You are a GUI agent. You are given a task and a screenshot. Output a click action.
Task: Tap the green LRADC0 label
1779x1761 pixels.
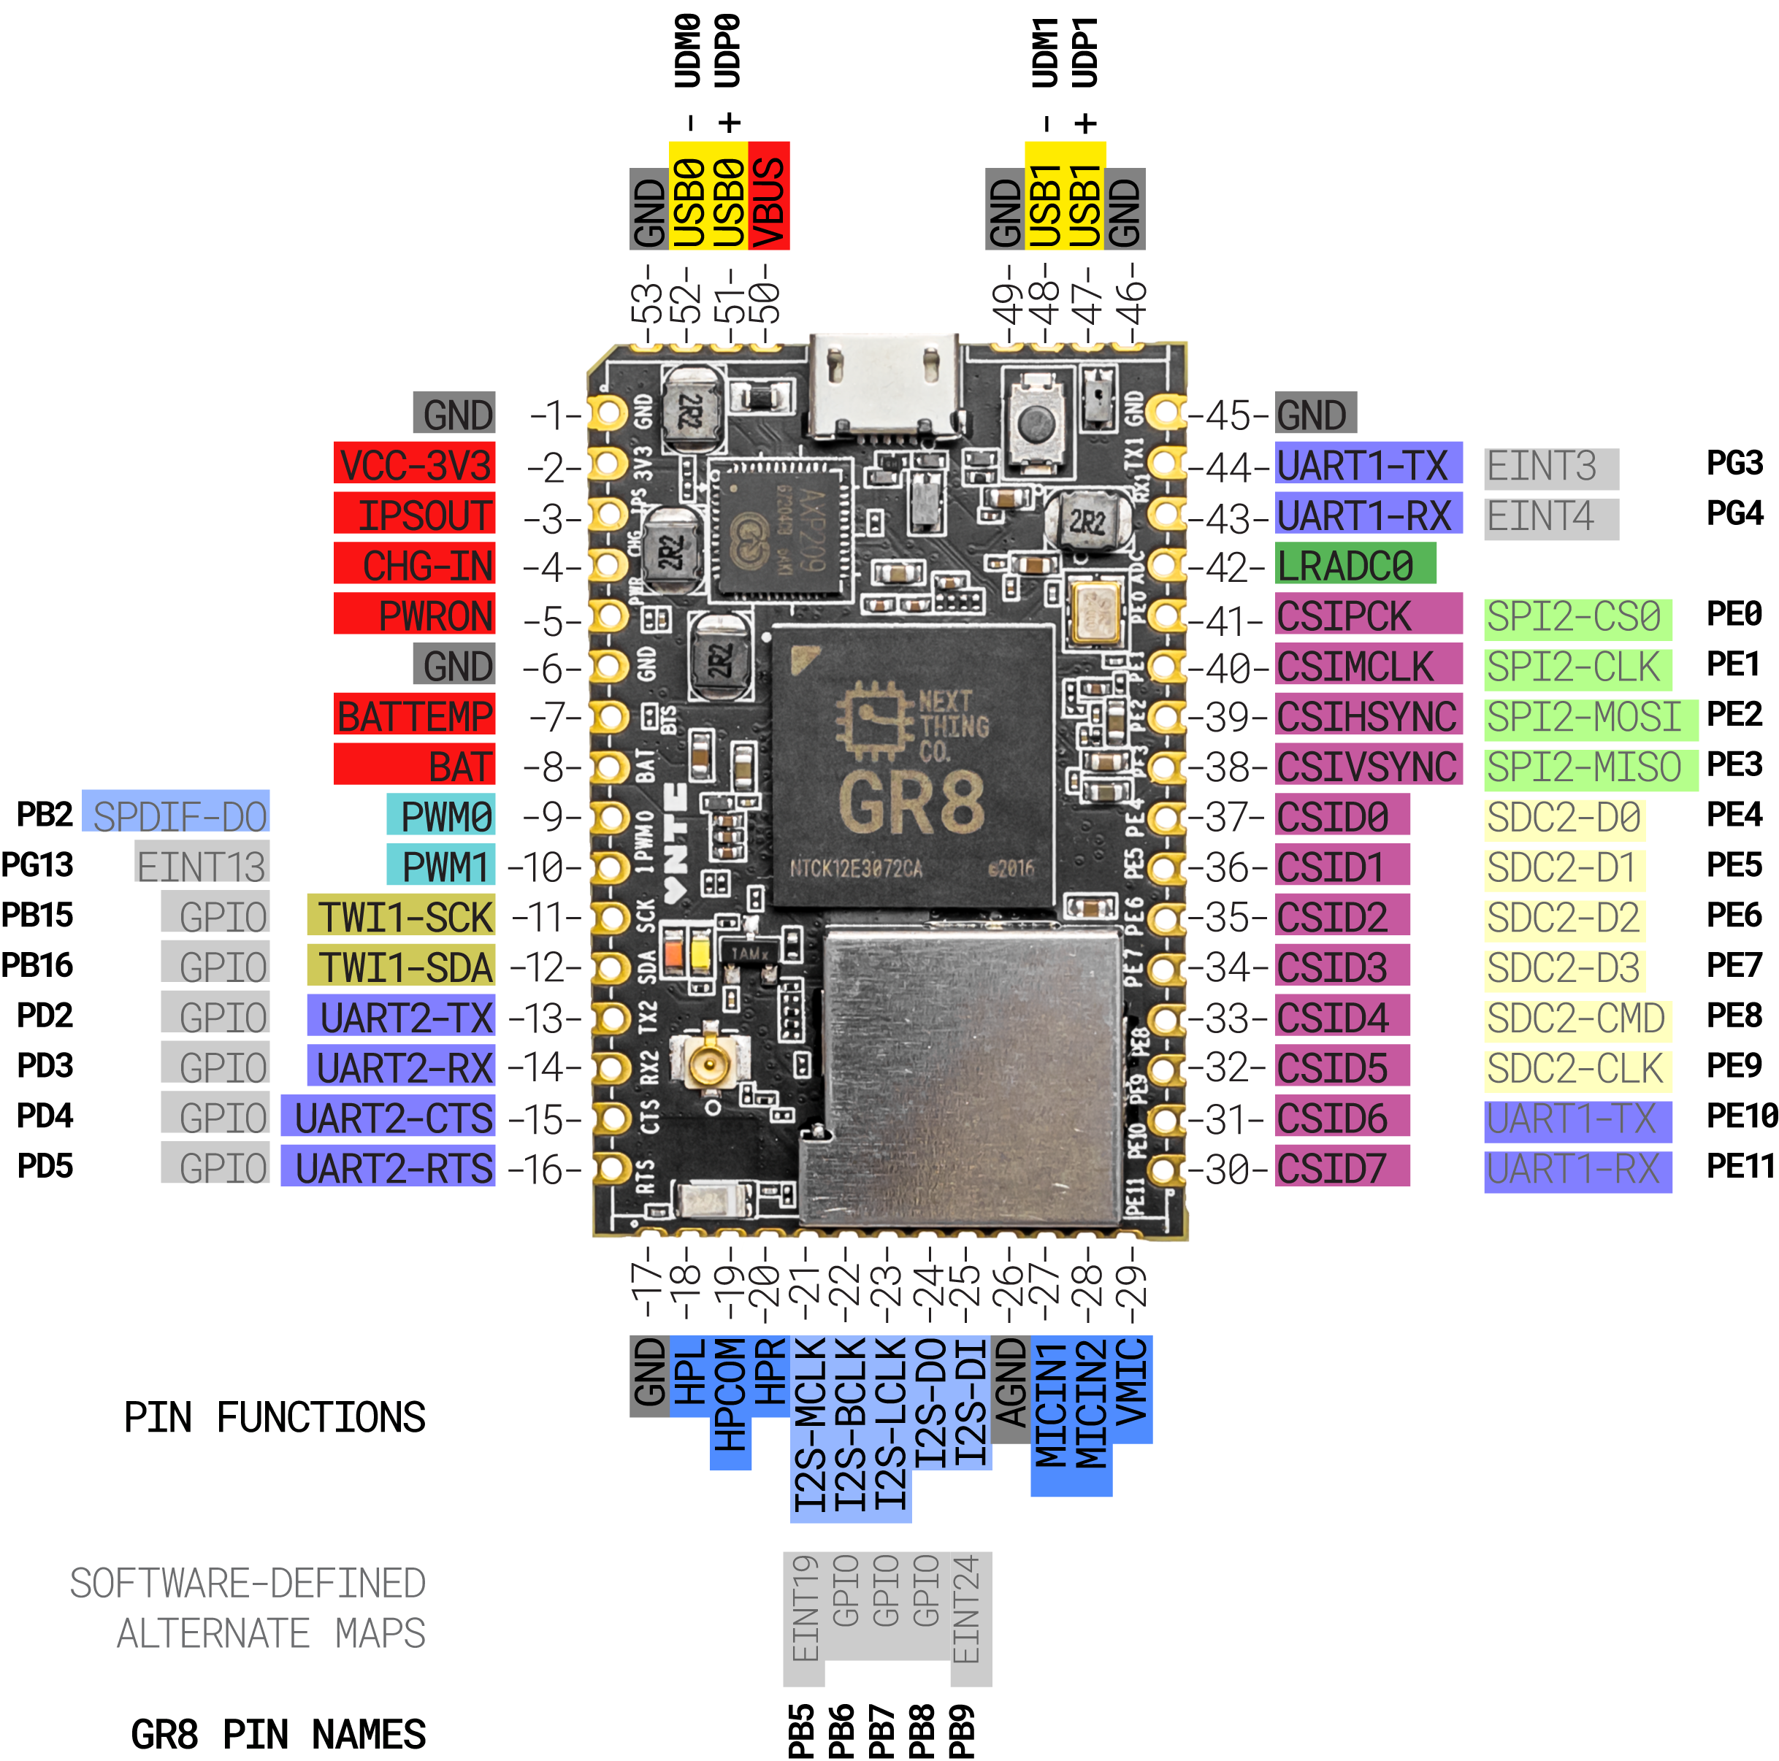coord(1353,564)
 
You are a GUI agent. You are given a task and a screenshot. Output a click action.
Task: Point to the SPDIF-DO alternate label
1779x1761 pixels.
coord(176,816)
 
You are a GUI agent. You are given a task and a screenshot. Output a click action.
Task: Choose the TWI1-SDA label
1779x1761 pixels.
coord(402,967)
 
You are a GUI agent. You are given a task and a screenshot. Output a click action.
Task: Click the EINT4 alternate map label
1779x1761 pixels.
coord(1550,518)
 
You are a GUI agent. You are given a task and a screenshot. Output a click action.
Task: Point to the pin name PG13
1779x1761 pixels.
coord(37,865)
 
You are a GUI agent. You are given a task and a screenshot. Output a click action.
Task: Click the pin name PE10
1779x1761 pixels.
coord(1740,1116)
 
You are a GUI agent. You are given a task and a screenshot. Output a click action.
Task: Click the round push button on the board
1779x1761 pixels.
coord(1038,421)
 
